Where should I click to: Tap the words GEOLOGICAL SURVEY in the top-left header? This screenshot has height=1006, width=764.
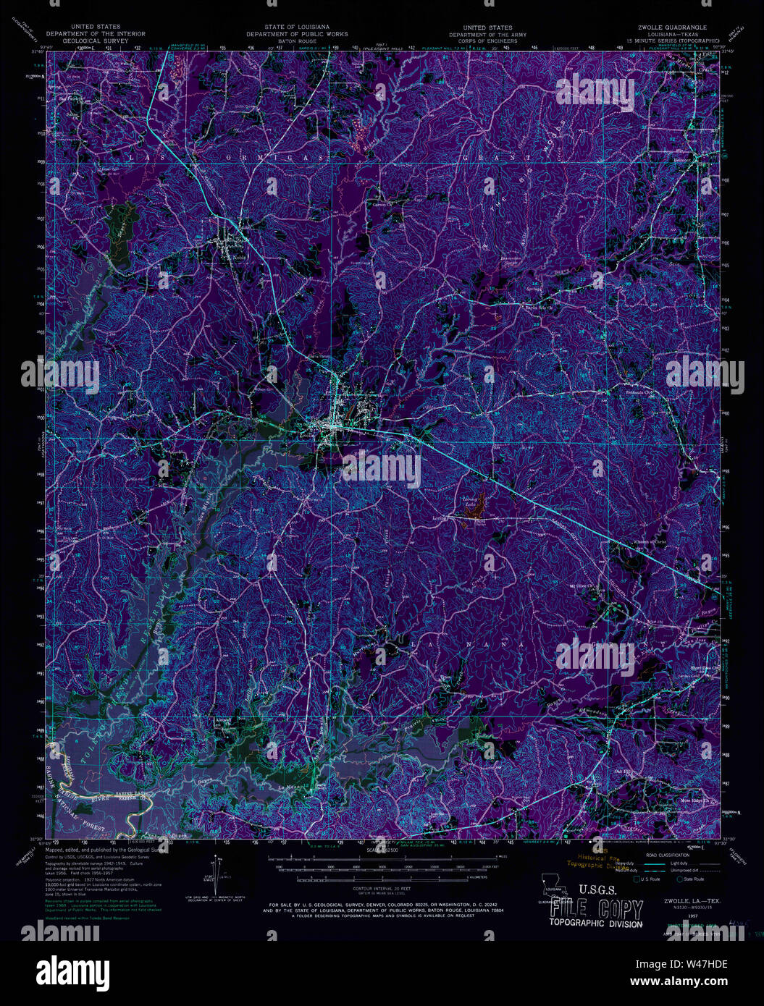pos(96,41)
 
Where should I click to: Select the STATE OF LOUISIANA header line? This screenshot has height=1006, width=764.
pos(296,28)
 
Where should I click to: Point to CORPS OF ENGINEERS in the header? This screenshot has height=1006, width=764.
pos(487,41)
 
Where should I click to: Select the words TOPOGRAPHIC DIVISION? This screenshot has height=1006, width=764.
pos(595,923)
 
